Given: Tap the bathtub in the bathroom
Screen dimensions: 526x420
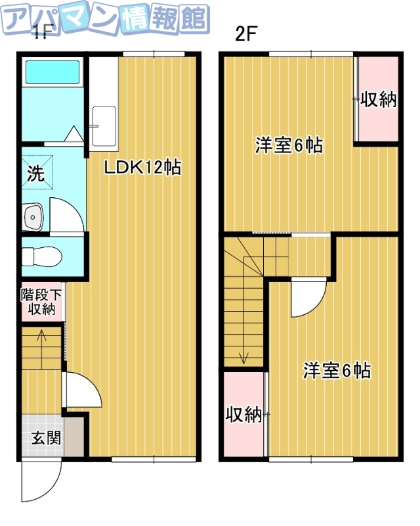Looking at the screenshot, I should [x=51, y=73].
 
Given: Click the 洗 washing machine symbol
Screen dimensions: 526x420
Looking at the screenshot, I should [x=35, y=174].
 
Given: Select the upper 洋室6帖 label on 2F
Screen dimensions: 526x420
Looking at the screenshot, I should [x=289, y=145].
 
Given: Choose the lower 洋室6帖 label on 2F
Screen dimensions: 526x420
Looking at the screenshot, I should [x=337, y=370].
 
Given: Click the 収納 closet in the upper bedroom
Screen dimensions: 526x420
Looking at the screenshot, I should [x=379, y=100].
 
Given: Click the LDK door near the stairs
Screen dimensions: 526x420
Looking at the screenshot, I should [x=82, y=393].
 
